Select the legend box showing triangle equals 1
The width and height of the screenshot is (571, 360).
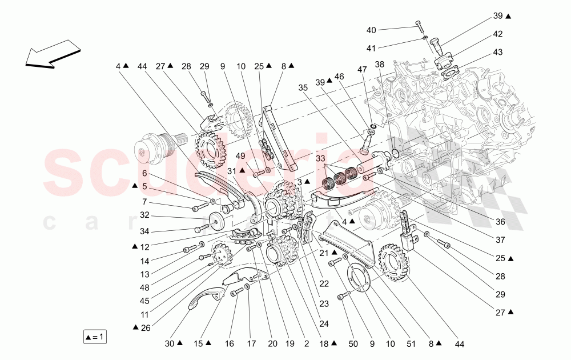coord(95,337)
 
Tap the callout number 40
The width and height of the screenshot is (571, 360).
coord(371,30)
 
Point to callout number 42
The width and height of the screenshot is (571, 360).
coord(498,34)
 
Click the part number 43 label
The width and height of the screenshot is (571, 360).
coord(498,53)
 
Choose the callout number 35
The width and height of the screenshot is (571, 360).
coord(303,88)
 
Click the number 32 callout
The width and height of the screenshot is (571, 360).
coord(144,215)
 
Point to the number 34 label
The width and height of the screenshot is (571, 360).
coord(144,231)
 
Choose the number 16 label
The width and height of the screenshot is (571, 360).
coord(230,344)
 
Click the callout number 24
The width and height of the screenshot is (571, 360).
coord(324,323)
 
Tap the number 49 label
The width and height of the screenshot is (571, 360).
coord(240,155)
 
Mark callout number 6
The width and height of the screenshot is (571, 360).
coord(144,173)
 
